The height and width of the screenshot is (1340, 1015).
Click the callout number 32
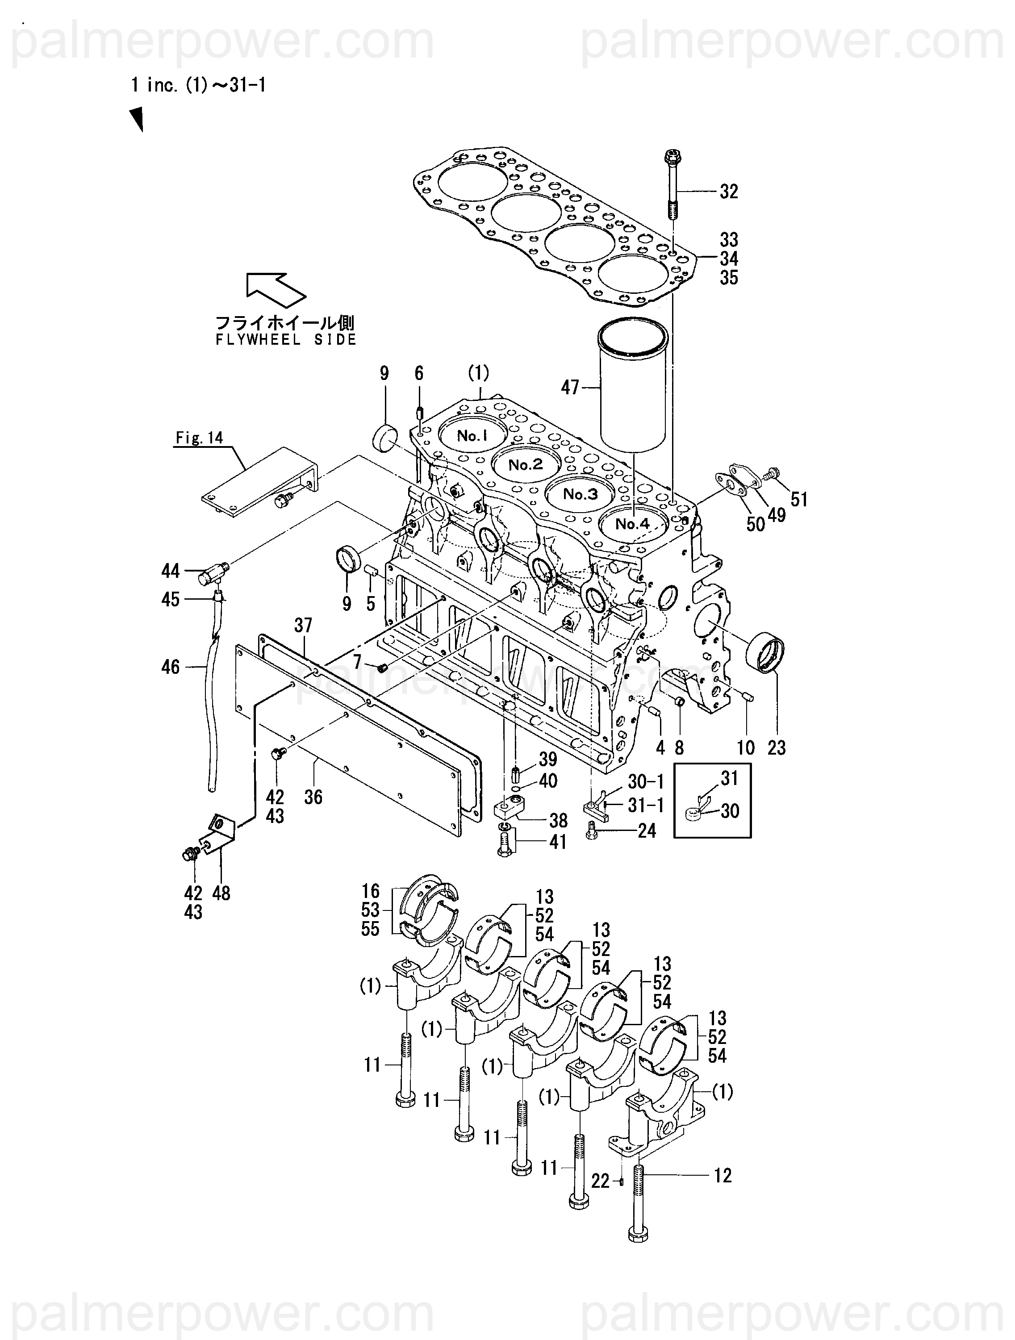click(729, 192)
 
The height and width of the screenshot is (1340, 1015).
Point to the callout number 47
click(570, 387)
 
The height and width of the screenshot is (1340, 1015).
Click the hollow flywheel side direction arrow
click(276, 288)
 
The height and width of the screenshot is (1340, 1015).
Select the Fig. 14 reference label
click(199, 438)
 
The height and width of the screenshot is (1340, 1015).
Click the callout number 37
click(303, 625)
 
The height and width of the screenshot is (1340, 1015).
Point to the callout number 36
click(313, 797)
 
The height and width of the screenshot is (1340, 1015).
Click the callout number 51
click(799, 499)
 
